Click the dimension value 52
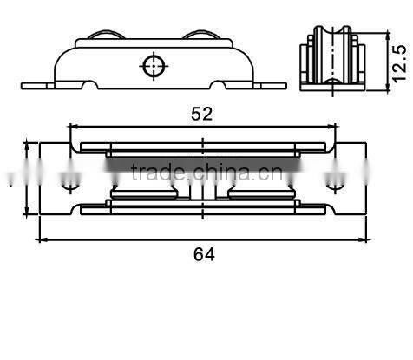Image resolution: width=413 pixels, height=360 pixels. [x=202, y=113]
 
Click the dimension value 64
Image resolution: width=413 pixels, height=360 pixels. [x=203, y=253]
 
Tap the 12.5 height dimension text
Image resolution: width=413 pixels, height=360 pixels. [x=398, y=62]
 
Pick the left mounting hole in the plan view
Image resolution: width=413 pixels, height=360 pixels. [x=69, y=184]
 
